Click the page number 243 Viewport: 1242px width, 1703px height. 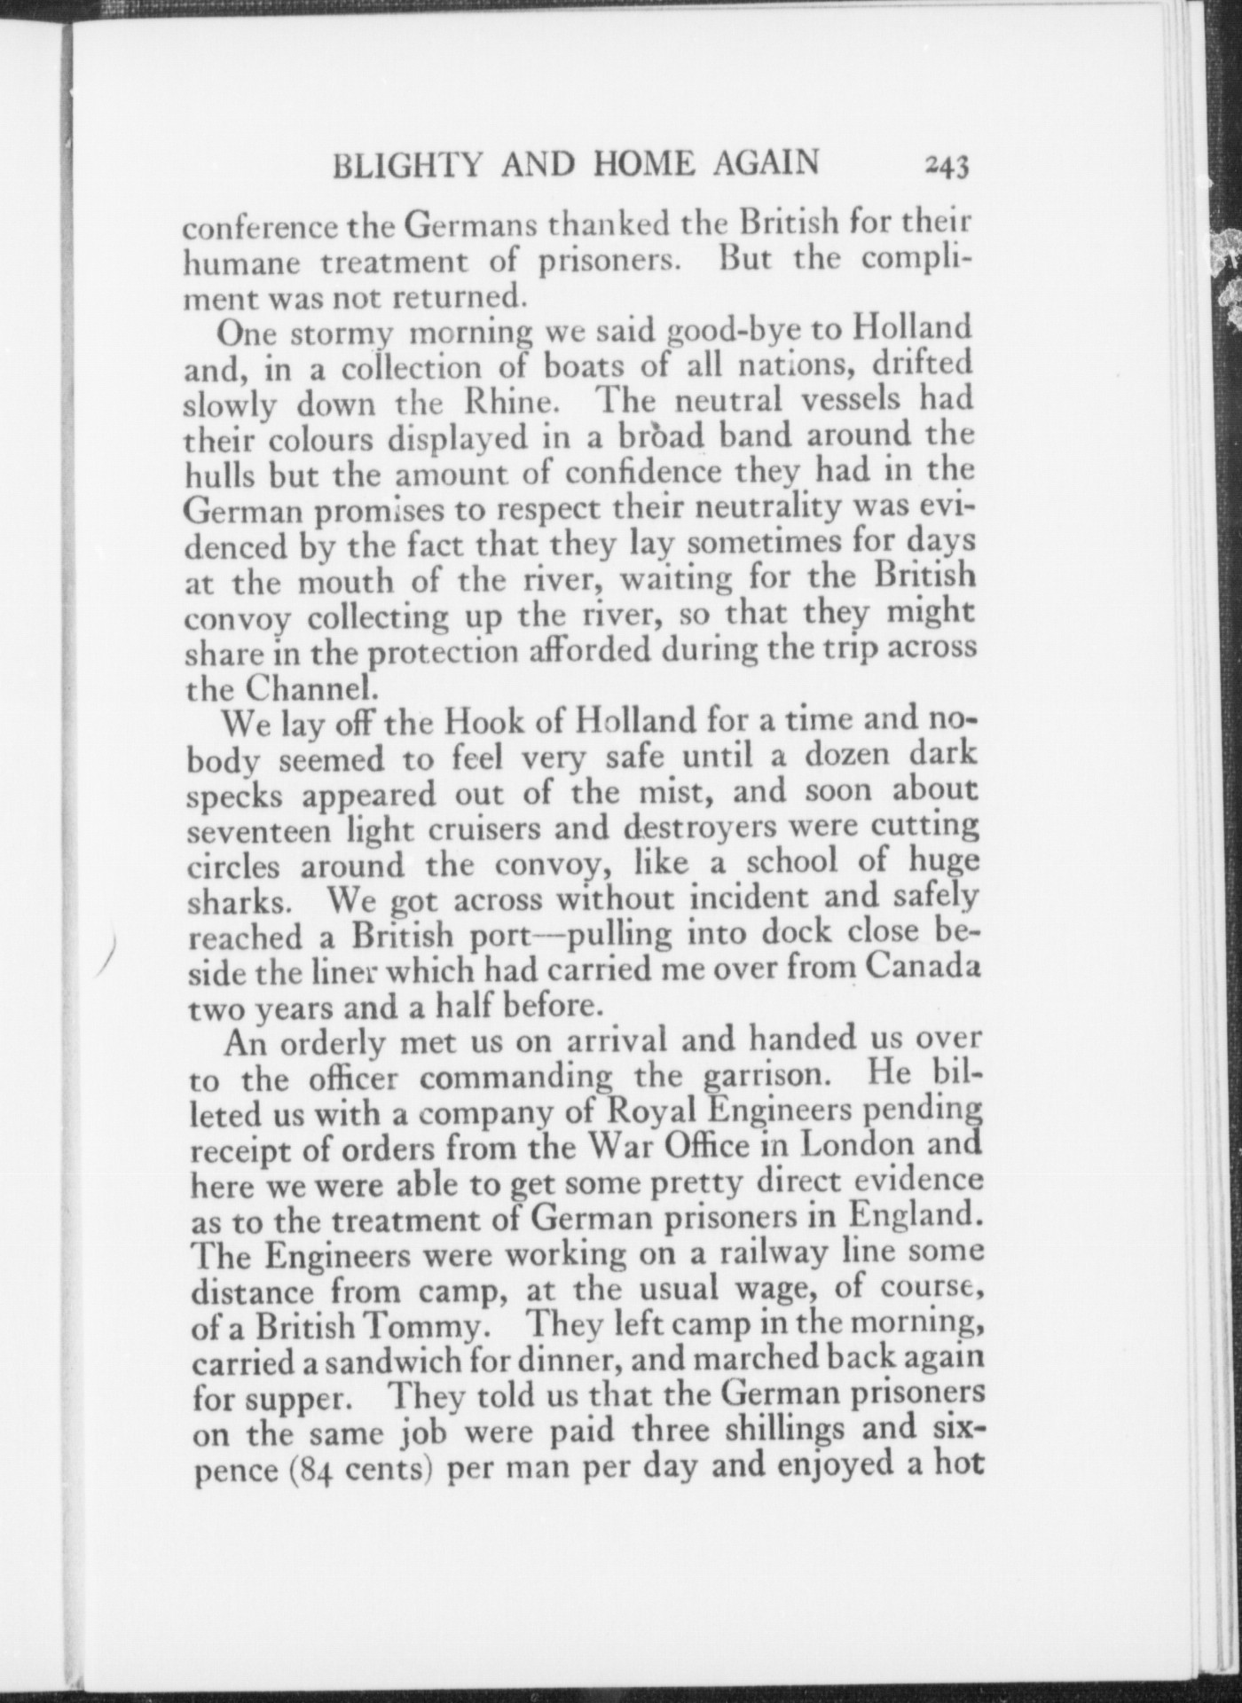pos(947,165)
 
